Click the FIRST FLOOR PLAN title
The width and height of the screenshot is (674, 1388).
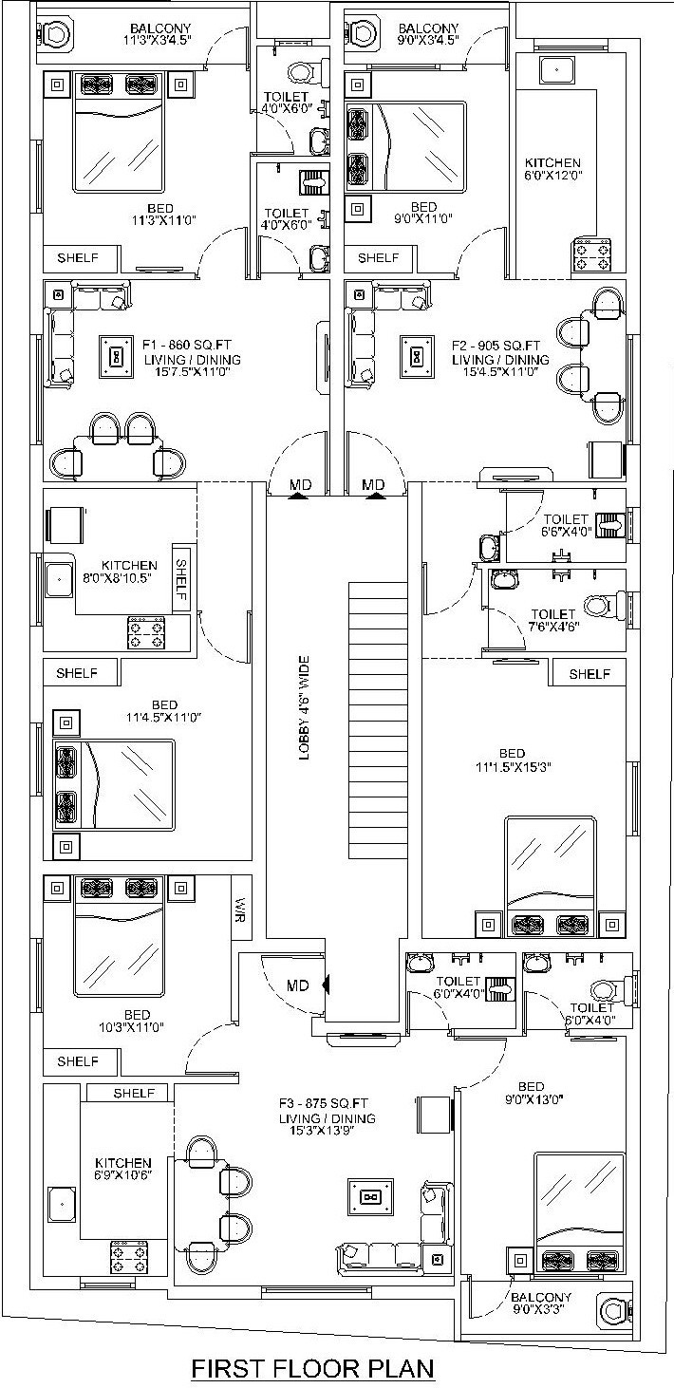click(313, 1367)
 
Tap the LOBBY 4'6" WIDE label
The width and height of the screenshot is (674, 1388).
click(304, 707)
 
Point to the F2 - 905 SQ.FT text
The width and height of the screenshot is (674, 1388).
click(496, 346)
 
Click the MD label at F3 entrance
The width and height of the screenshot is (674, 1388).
click(298, 985)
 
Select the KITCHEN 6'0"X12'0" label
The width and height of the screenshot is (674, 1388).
click(552, 169)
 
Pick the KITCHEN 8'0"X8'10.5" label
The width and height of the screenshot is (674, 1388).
click(129, 572)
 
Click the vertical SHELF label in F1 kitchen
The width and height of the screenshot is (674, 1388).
click(181, 580)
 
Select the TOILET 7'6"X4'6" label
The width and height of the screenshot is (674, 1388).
click(553, 620)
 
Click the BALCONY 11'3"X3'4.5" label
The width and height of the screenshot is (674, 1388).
click(160, 34)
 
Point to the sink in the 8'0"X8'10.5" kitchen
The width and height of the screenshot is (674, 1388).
click(59, 579)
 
